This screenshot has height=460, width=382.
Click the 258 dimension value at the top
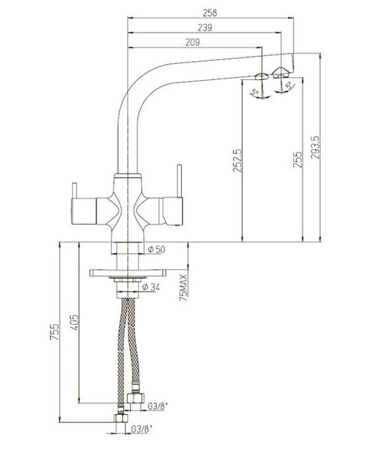click(210, 13)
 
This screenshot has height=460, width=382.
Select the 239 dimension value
click(205, 27)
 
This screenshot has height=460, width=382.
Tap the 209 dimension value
click(193, 42)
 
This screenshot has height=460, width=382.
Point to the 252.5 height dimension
click(237, 161)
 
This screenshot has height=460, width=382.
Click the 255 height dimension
click(298, 160)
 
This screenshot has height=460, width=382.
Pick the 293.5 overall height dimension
click(315, 147)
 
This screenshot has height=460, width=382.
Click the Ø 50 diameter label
click(156, 249)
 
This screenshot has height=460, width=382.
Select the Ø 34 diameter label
click(151, 287)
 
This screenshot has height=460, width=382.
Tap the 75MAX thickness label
click(184, 288)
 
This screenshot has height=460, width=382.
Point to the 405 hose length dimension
click(75, 322)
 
